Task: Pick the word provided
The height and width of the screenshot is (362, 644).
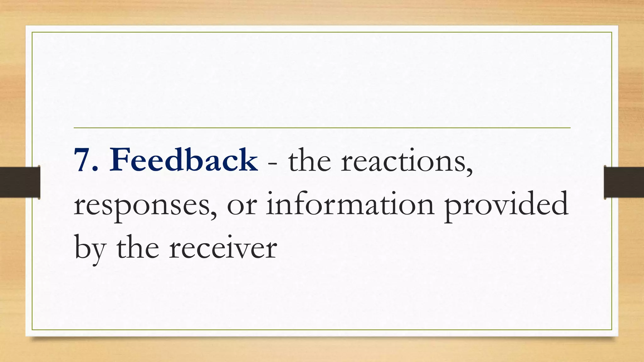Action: (x=506, y=206)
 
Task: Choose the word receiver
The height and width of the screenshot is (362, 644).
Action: (x=223, y=249)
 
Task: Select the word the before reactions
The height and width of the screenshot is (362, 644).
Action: (x=309, y=161)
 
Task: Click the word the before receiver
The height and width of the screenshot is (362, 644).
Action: (x=138, y=248)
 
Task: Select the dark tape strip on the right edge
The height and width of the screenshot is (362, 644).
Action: (x=624, y=182)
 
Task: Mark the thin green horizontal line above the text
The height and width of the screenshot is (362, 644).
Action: (x=322, y=128)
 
